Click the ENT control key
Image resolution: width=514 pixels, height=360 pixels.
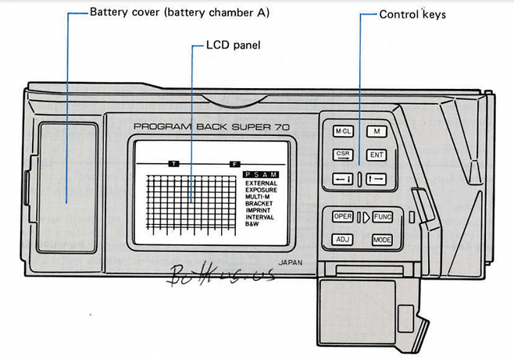(x=377, y=155)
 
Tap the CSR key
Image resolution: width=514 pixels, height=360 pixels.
(x=343, y=155)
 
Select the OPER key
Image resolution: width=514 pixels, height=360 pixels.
(x=343, y=216)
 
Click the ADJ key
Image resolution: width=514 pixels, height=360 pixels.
(x=343, y=240)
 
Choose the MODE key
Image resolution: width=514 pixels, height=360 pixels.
(x=382, y=240)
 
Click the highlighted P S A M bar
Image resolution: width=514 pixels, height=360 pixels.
(x=259, y=175)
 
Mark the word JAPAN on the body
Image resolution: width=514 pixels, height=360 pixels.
(x=289, y=263)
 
